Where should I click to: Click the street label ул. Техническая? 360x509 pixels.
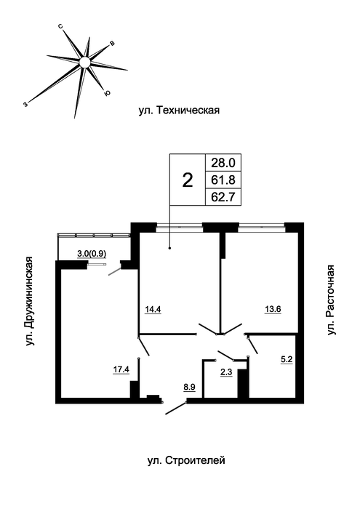(179, 111)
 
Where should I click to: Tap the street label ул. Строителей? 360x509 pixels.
(186, 460)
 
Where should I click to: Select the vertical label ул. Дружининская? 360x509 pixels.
(30, 301)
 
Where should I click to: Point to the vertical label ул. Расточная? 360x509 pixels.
(330, 300)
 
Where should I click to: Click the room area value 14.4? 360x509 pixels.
(153, 309)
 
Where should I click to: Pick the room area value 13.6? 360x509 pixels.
(273, 309)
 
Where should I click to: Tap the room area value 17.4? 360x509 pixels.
(121, 369)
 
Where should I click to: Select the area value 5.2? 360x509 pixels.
(287, 359)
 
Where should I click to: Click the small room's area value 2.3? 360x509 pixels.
(226, 372)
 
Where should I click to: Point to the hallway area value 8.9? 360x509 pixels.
(189, 388)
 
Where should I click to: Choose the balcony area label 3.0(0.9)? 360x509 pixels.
(92, 254)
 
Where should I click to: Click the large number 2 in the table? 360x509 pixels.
(188, 180)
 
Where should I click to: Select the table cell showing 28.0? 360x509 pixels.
(223, 162)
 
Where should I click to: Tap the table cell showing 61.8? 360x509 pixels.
(223, 180)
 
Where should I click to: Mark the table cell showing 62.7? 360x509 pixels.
(223, 197)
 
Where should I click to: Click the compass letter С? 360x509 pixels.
(60, 27)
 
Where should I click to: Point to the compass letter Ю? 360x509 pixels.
(107, 93)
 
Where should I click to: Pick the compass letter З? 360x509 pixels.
(25, 104)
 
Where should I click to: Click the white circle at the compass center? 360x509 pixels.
(84, 62)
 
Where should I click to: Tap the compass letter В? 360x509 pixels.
(112, 44)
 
